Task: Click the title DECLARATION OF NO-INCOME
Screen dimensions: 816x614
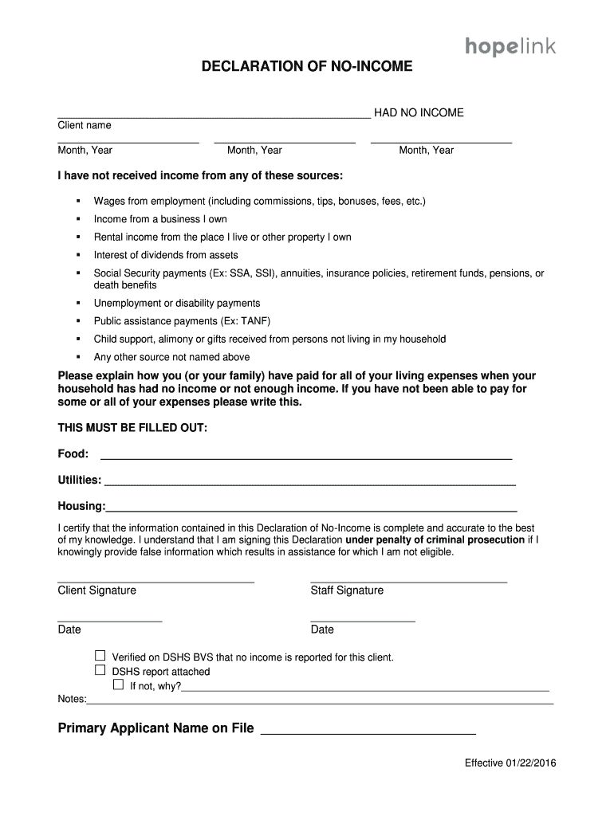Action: (306, 67)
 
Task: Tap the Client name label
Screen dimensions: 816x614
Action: (85, 125)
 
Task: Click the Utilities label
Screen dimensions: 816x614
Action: (79, 481)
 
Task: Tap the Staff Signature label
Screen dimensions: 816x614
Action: (347, 590)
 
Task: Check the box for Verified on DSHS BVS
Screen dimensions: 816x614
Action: (100, 656)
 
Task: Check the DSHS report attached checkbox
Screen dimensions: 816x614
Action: (100, 670)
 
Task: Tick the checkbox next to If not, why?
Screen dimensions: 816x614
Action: (118, 685)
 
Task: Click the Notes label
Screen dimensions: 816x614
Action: (72, 699)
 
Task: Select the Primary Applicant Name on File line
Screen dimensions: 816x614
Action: (368, 731)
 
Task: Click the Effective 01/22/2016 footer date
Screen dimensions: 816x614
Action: (510, 763)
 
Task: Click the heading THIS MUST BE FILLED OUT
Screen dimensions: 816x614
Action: (132, 428)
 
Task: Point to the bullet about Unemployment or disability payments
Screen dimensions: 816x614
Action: (177, 303)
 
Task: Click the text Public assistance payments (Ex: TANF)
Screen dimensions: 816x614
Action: (182, 321)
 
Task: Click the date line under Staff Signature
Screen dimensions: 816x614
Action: (363, 619)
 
